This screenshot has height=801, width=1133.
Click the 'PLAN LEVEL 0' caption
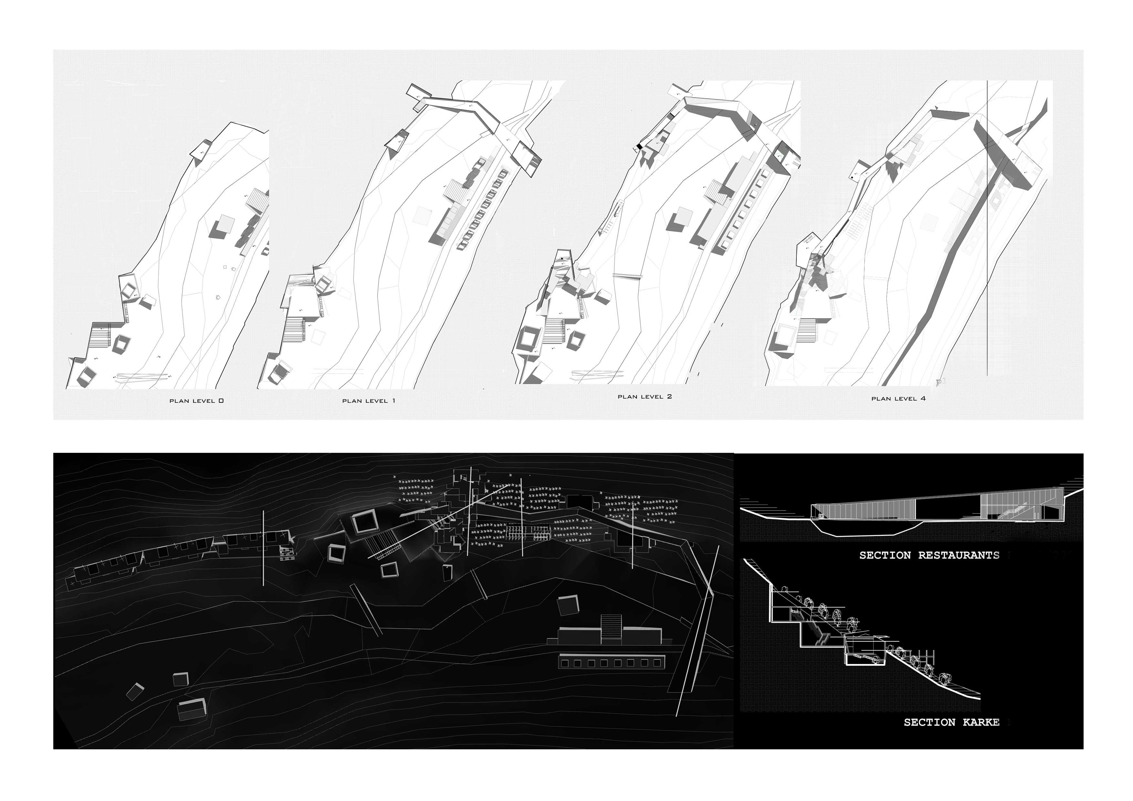pyautogui.click(x=196, y=401)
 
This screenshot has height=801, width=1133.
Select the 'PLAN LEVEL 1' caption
pyautogui.click(x=369, y=401)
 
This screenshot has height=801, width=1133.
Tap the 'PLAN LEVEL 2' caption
pyautogui.click(x=644, y=396)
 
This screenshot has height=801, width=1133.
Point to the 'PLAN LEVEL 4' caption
pyautogui.click(x=898, y=398)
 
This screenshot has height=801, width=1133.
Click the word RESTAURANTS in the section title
pyautogui.click(x=958, y=555)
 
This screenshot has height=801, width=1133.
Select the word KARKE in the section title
pyautogui.click(x=981, y=723)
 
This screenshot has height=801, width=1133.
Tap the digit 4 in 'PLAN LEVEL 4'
pyautogui.click(x=922, y=398)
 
